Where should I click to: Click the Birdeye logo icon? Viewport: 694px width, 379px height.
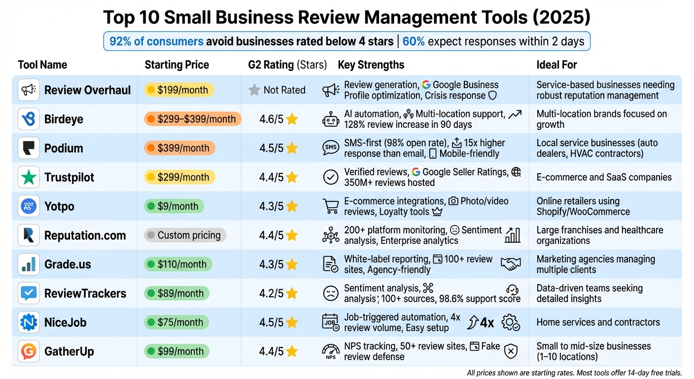point(29,119)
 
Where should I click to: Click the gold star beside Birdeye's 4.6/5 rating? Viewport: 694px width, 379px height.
point(292,119)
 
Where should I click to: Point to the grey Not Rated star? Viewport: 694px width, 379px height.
point(254,90)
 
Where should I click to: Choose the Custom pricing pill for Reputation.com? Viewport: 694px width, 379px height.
point(185,235)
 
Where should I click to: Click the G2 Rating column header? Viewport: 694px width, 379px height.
point(287,65)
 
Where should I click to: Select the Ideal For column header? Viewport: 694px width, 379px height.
point(556,65)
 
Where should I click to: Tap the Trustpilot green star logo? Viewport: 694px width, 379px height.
point(29,177)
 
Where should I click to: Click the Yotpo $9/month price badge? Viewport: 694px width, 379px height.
point(174,206)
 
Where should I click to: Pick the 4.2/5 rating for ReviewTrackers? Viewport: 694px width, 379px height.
point(271,293)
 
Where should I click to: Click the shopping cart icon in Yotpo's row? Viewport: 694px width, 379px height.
point(330,206)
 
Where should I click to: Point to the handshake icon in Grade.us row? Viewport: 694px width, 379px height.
point(510,264)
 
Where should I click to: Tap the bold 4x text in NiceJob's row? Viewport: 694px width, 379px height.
point(487,322)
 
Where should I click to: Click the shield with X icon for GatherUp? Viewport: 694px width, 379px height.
point(511,351)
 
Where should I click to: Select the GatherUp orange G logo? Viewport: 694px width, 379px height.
point(29,351)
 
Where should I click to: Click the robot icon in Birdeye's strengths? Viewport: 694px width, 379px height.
point(330,119)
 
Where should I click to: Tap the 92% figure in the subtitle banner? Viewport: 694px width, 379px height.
point(120,41)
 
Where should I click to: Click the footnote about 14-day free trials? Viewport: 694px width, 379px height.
point(574,373)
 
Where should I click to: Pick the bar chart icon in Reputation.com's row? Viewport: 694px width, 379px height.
point(512,235)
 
